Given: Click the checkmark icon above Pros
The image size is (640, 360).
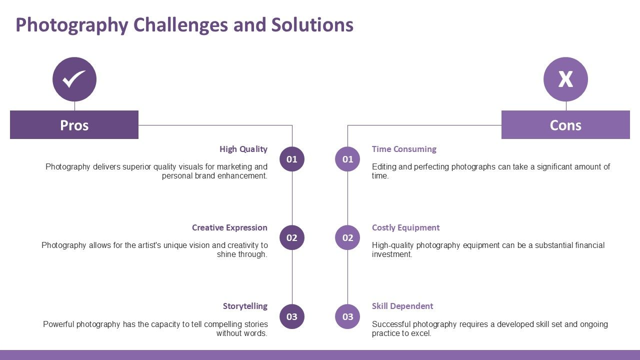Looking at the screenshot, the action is [74, 79].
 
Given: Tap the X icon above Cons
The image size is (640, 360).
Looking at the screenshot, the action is [565, 79].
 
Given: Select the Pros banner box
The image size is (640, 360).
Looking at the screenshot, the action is [74, 125].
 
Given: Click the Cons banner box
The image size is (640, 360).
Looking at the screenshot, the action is [565, 125].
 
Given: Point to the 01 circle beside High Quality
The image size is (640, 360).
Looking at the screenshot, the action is [291, 159].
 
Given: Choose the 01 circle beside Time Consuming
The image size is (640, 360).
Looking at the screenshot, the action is [347, 159].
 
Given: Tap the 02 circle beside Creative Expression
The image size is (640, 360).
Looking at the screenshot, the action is [291, 237].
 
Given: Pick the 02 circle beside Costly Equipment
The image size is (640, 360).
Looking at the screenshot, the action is [347, 237].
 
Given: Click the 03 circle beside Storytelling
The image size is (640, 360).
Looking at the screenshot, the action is [291, 316].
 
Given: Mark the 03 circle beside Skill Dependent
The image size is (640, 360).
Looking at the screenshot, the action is [347, 316].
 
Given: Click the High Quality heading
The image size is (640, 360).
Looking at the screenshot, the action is [243, 149].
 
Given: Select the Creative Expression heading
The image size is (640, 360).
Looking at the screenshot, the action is [229, 227].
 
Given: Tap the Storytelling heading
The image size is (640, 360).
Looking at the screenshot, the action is [245, 306].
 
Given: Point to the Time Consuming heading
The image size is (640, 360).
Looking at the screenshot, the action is [404, 149].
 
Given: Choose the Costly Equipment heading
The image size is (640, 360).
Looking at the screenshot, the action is [405, 228].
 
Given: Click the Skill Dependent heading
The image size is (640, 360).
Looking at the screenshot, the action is [402, 306].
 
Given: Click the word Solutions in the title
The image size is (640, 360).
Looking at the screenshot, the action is [312, 24].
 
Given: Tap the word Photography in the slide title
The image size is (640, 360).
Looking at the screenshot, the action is [72, 25].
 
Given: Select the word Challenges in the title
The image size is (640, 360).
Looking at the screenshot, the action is [180, 25].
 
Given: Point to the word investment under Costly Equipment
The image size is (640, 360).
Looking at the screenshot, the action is [392, 254].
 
